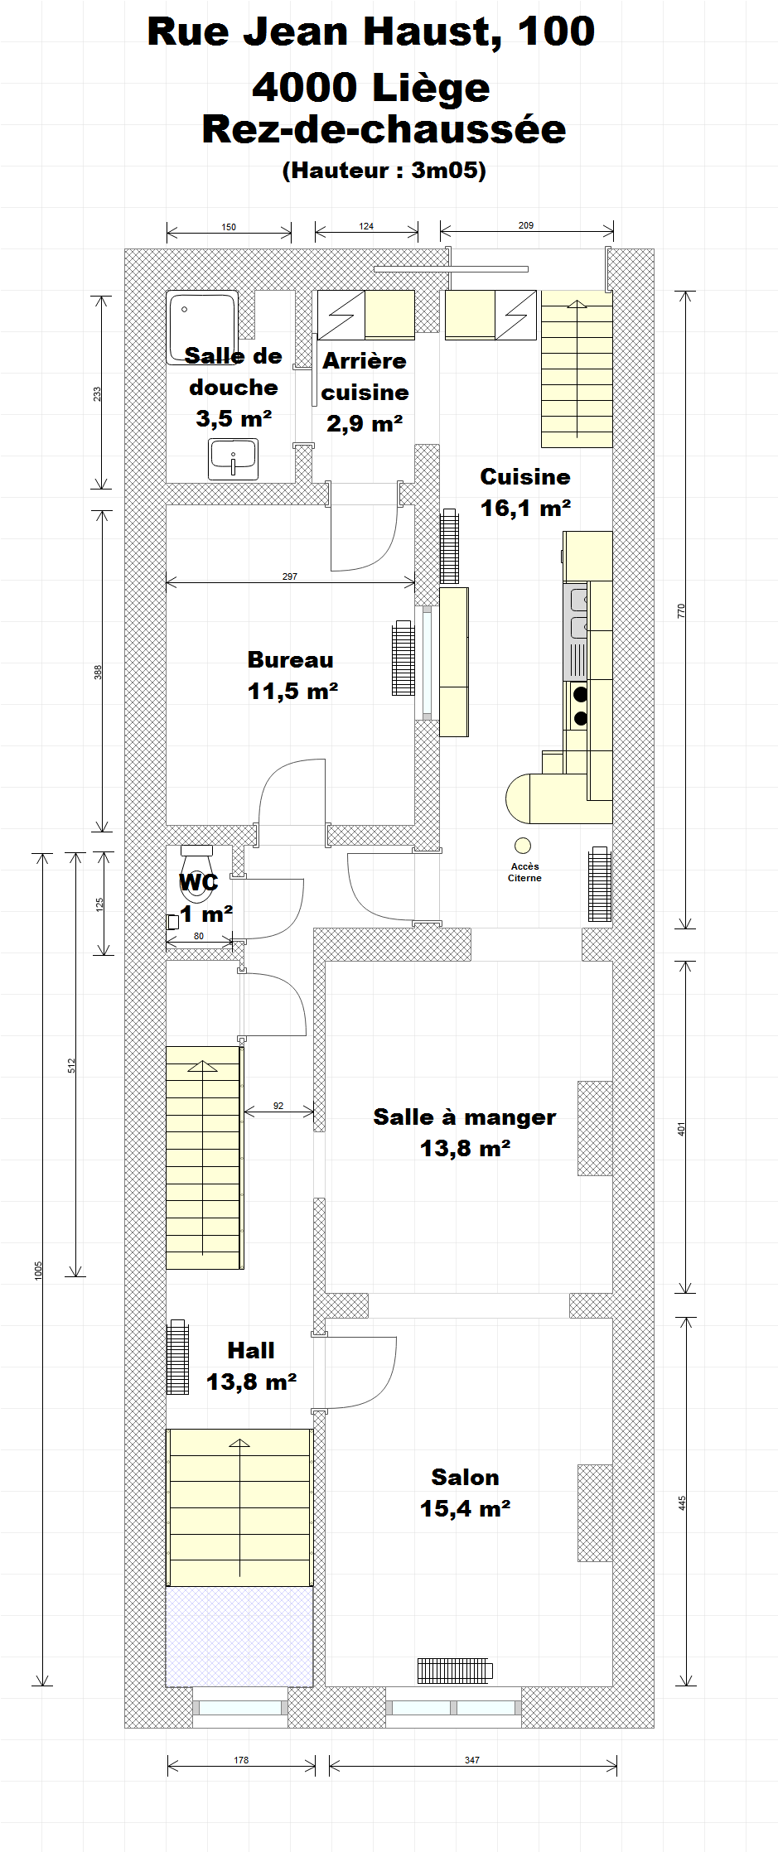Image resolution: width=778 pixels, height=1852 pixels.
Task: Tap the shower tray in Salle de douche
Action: pos(202,327)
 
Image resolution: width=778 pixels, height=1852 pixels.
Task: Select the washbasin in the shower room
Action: pos(233,459)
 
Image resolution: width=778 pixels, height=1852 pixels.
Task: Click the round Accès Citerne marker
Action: pos(523,846)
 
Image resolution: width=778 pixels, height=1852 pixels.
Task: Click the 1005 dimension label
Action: pos(38,1270)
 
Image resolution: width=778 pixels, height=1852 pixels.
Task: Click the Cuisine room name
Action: pos(525,477)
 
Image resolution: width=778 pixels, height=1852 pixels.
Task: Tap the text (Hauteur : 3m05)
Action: pos(384,171)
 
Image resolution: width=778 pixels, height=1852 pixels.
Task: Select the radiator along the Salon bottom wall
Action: pos(455,1671)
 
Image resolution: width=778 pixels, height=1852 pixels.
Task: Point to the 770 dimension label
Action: pos(682,610)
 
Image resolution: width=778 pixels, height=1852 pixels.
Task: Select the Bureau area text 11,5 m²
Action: pos(292,691)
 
